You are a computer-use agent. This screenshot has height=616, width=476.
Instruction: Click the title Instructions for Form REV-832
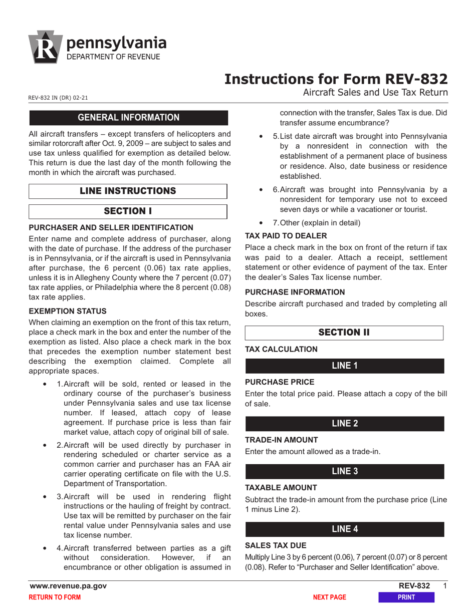(335, 79)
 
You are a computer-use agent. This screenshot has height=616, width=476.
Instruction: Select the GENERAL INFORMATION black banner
(129, 118)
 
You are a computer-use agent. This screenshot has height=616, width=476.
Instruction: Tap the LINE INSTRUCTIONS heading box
(128, 191)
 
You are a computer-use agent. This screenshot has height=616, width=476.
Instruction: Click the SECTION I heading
(128, 211)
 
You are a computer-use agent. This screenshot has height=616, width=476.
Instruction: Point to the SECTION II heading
(344, 333)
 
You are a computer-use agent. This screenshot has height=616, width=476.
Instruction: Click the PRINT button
(406, 597)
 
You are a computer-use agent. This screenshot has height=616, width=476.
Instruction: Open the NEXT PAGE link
(329, 597)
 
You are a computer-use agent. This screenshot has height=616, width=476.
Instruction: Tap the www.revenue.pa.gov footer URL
(69, 586)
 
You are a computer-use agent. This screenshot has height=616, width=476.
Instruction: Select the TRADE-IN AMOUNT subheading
(282, 440)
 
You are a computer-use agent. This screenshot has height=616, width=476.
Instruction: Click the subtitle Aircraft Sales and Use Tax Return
(375, 93)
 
